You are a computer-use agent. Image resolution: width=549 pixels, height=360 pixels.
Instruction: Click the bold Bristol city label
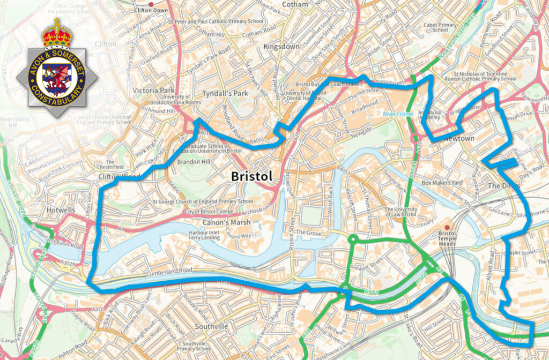251,176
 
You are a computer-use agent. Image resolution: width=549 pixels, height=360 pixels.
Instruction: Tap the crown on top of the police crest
57,33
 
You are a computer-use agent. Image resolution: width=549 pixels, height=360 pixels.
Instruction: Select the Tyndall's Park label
229,93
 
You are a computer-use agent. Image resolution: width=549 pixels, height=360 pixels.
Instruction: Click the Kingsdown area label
281,47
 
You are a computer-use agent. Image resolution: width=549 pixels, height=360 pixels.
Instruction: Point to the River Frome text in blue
398,114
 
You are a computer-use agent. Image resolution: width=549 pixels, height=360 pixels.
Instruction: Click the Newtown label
458,139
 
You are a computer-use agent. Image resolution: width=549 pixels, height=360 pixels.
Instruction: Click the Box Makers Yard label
442,183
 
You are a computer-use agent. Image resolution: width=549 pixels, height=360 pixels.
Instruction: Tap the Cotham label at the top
295,4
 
